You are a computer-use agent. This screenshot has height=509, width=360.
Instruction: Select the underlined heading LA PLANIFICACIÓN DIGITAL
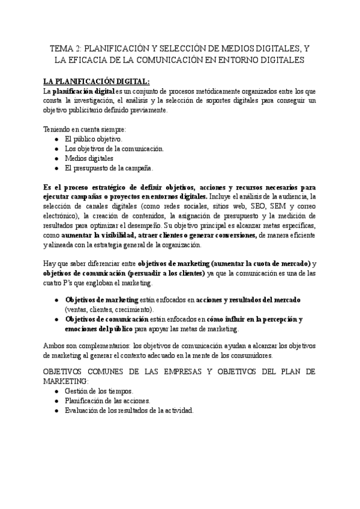96,81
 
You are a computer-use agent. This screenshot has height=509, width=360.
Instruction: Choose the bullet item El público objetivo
93,139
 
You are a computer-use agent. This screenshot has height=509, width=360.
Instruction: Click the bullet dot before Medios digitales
56,158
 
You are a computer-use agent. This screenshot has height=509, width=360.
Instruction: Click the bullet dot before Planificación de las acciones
56,400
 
